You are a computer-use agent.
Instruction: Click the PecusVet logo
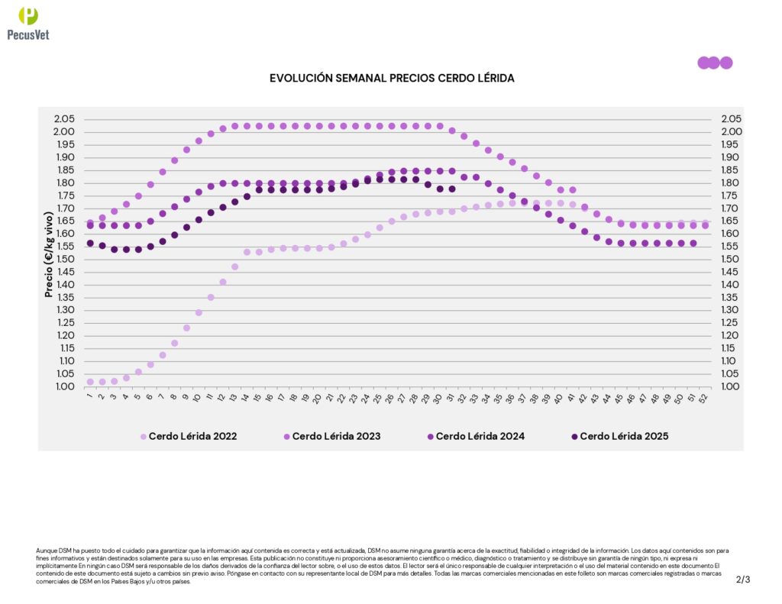click(x=27, y=23)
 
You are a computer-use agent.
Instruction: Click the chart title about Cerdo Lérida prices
click(x=392, y=79)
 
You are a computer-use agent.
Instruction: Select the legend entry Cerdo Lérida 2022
click(x=192, y=437)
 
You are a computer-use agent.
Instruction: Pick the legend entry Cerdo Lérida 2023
click(x=336, y=437)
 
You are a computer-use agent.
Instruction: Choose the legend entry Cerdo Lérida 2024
click(x=480, y=437)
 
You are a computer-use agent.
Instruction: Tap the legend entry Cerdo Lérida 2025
click(x=624, y=437)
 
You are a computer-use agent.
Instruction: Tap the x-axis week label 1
click(x=89, y=396)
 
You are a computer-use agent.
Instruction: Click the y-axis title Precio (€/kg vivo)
click(x=49, y=253)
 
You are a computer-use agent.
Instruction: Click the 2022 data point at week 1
click(x=90, y=382)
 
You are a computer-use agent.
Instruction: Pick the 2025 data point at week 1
click(x=90, y=244)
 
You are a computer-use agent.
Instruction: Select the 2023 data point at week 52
click(x=705, y=225)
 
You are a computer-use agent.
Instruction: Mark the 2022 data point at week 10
click(x=199, y=312)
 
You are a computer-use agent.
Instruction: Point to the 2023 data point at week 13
click(x=235, y=126)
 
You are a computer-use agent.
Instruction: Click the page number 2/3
click(x=743, y=580)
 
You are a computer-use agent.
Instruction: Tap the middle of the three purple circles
click(x=713, y=63)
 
